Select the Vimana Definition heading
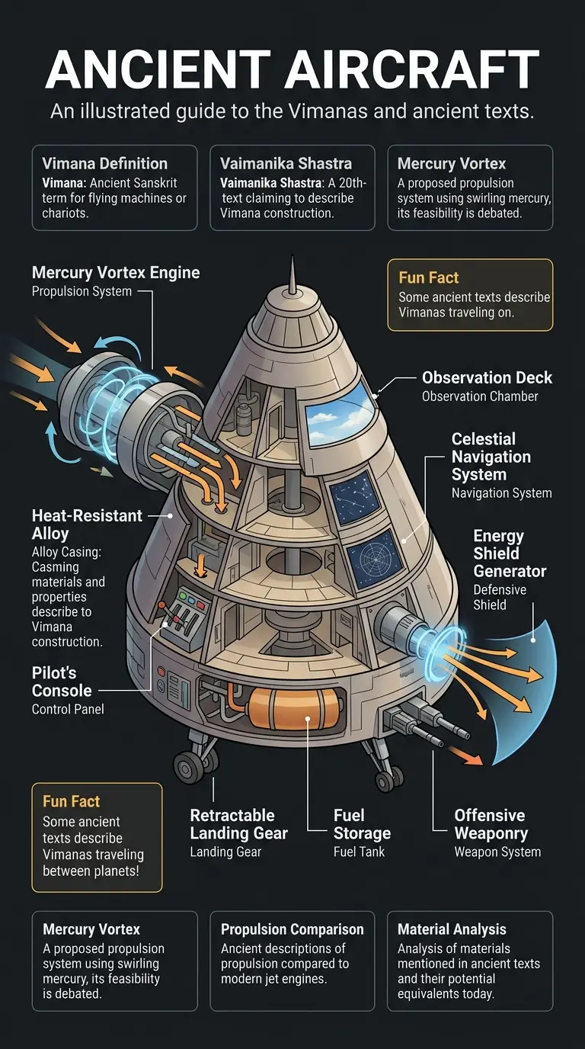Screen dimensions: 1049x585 pyautogui.click(x=104, y=163)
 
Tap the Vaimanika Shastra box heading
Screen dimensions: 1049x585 pyautogui.click(x=286, y=163)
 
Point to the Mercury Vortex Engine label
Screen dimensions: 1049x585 pyautogui.click(x=116, y=273)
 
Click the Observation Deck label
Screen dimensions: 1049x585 pyautogui.click(x=487, y=377)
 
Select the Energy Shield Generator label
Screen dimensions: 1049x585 pyautogui.click(x=510, y=553)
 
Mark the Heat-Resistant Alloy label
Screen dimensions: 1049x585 pyautogui.click(x=87, y=524)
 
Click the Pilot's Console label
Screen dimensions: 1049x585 pyautogui.click(x=62, y=682)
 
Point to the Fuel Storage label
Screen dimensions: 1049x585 pyautogui.click(x=362, y=824)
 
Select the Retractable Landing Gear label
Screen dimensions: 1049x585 pyautogui.click(x=238, y=824)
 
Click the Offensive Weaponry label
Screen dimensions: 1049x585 pyautogui.click(x=491, y=824)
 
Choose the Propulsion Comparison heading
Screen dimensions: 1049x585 pyautogui.click(x=292, y=929)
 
